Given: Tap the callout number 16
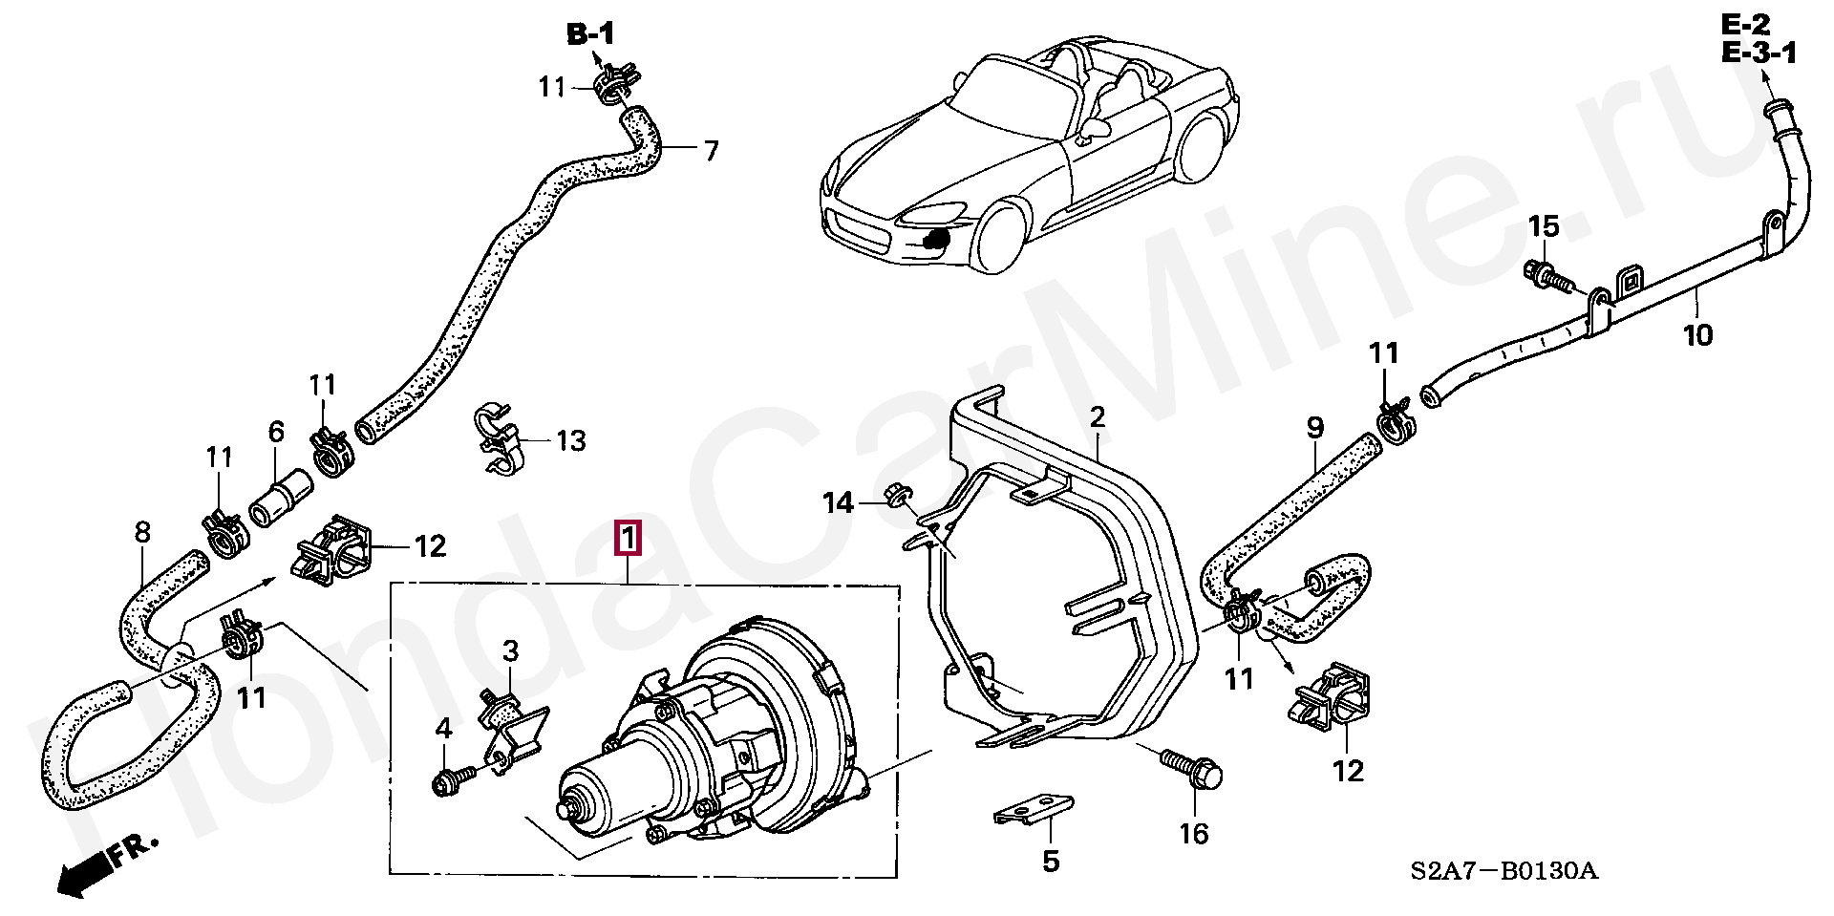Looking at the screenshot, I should click(1194, 834).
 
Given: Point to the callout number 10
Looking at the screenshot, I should click(1697, 335).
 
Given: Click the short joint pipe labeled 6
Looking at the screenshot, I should click(281, 501).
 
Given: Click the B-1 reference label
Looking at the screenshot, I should click(591, 35).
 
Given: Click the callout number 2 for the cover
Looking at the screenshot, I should click(1098, 416).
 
